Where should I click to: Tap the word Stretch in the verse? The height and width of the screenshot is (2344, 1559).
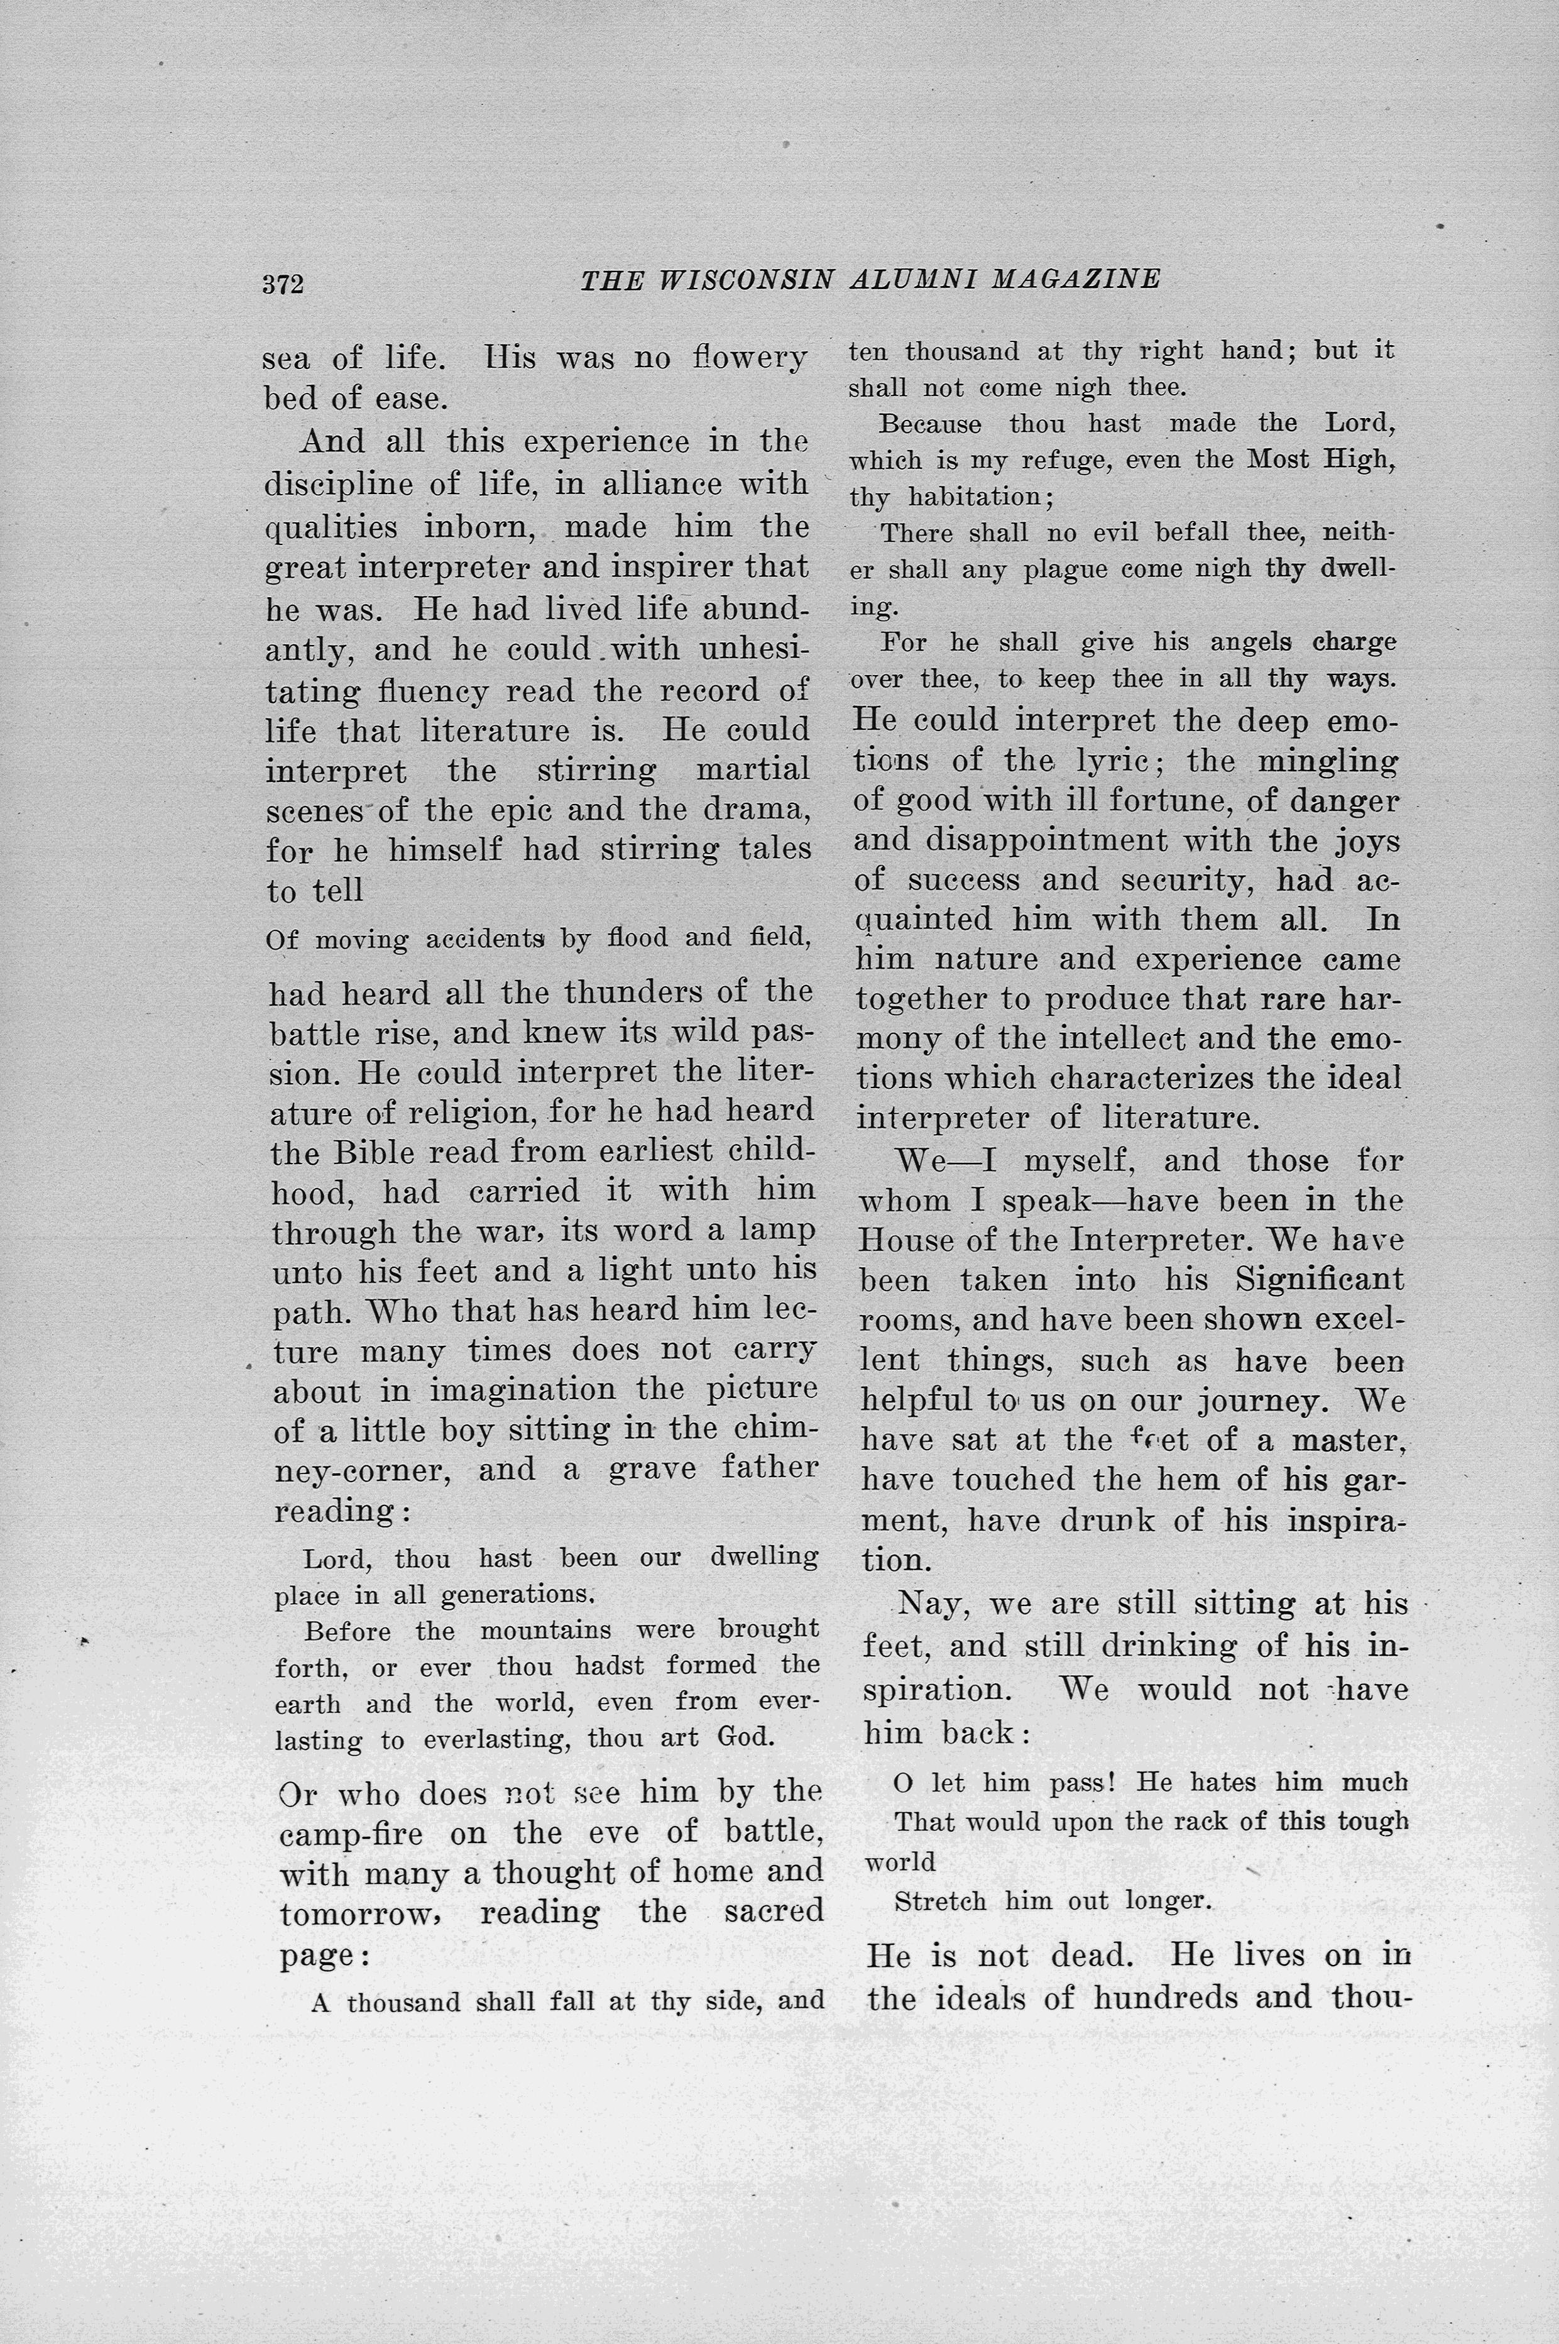pyautogui.click(x=941, y=1901)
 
